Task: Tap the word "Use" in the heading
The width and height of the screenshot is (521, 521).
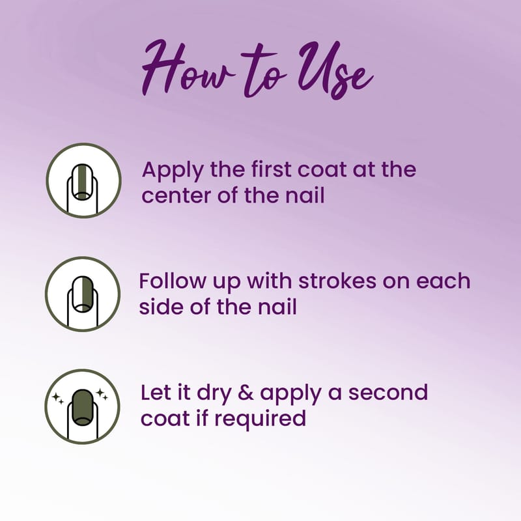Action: click(335, 70)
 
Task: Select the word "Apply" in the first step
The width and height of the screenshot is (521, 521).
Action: click(173, 171)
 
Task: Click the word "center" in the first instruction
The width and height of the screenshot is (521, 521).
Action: click(176, 196)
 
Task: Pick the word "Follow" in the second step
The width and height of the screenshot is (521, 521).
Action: click(173, 281)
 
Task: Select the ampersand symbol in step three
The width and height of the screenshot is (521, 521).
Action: click(246, 393)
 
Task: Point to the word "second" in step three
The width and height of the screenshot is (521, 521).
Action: click(387, 393)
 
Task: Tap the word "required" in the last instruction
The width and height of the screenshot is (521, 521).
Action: click(260, 419)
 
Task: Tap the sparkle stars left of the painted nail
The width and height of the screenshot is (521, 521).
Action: click(58, 399)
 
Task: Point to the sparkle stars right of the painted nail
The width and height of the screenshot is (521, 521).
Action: click(102, 395)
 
